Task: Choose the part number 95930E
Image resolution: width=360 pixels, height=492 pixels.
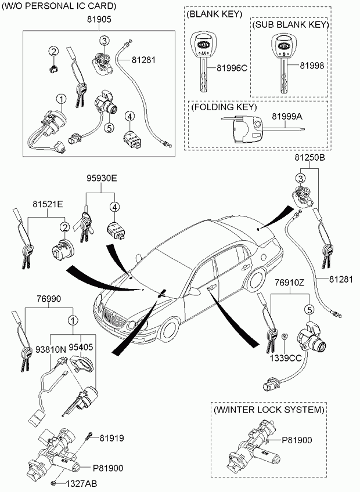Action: [x=102, y=179]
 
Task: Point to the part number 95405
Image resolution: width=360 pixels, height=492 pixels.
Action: [x=82, y=346]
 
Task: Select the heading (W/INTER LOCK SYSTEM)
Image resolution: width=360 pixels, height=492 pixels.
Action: [x=268, y=410]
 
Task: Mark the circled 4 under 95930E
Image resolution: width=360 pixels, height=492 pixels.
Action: [x=115, y=207]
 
